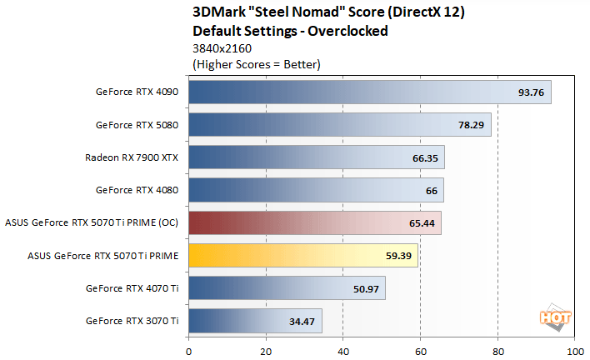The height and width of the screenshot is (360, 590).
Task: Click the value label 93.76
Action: point(531,92)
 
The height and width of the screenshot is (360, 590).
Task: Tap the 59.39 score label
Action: point(398,256)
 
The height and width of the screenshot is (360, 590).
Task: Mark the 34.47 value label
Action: point(302,321)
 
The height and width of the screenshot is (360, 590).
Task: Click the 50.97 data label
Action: point(366,288)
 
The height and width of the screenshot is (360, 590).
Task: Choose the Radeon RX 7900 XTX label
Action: point(132,157)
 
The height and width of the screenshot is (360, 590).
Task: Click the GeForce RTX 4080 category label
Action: point(137,190)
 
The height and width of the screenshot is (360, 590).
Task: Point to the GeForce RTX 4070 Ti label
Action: point(132,288)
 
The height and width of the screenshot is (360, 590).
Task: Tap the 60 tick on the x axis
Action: point(421,351)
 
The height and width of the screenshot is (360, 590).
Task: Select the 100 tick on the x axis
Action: point(574,351)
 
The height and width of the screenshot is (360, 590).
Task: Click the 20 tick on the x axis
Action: point(267,351)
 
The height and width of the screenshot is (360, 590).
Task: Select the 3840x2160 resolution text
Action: point(219,48)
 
